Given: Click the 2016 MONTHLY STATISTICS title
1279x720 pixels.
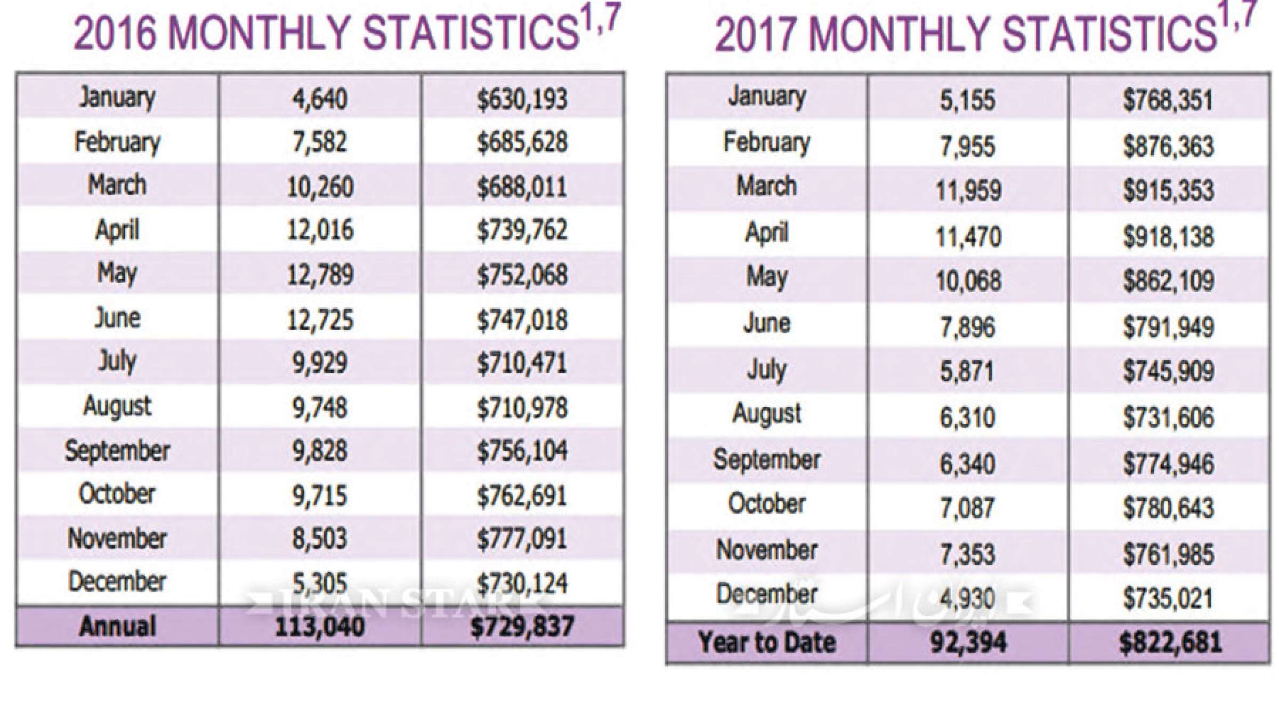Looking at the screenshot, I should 346,32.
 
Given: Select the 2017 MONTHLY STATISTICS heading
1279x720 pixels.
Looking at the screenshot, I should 986,32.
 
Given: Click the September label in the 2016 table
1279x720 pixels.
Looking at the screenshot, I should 117,451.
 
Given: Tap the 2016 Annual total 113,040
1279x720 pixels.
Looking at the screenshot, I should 320,627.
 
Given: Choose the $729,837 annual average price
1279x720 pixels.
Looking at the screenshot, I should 522,627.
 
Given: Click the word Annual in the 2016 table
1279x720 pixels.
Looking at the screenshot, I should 117,627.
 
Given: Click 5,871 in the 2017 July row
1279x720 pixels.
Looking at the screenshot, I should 967,371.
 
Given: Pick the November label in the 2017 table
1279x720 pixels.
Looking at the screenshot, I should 766,550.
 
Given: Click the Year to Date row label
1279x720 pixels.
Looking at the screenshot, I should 766,642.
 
